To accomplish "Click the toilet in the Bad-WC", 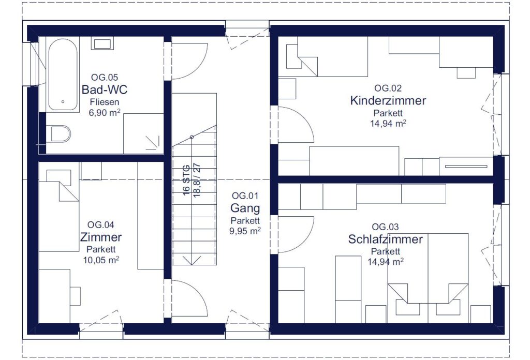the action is click(x=60, y=134).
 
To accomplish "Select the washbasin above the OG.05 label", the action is click(x=102, y=43).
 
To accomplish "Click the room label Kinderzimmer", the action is click(x=388, y=101).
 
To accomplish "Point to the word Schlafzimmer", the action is click(x=385, y=239).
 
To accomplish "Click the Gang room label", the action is click(x=245, y=208).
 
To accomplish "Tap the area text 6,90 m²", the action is click(x=105, y=113).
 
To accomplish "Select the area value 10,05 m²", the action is click(x=101, y=260).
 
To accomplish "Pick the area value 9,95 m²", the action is click(x=245, y=231).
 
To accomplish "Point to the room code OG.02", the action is click(x=388, y=88).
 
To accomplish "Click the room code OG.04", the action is click(x=101, y=225).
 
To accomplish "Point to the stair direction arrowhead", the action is click(x=192, y=260).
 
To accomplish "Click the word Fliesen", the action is click(x=105, y=102).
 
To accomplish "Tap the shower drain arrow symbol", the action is click(x=153, y=142).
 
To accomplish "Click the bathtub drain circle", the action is click(x=63, y=102).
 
